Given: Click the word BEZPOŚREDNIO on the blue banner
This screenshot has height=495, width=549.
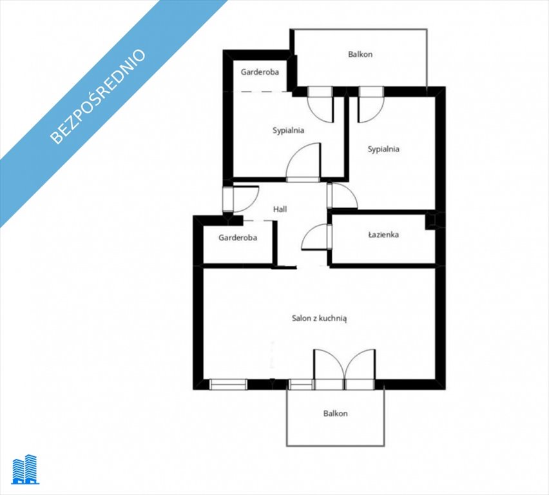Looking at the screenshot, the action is tap(98, 97).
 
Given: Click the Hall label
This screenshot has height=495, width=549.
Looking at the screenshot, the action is tap(280, 209).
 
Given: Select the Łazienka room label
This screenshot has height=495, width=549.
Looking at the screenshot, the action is tap(383, 235).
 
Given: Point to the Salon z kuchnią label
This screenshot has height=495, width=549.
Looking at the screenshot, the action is tap(320, 318).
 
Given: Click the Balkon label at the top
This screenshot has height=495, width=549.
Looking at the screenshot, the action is tap(360, 54).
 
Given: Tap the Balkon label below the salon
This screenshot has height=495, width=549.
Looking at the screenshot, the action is tap(336, 413).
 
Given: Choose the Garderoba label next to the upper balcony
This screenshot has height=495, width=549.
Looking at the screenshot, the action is tap(260, 72).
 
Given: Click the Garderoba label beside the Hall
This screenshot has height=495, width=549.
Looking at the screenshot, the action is tap(238, 238).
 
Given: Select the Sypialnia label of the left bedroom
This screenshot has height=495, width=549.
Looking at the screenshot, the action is tap(288, 130).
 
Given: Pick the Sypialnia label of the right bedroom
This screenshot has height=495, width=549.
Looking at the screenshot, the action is tap(383, 149).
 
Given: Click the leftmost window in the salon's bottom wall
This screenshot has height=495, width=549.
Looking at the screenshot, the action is tap(228, 384).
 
